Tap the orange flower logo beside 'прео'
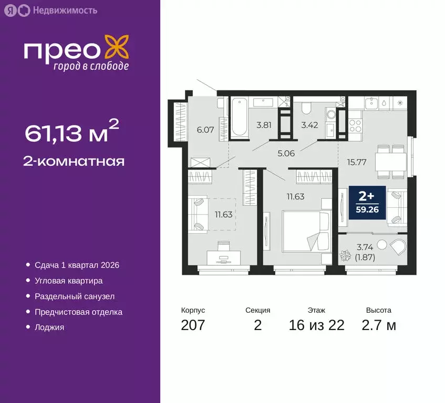[117, 47]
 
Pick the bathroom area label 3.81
[263, 125]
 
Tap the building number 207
[193, 325]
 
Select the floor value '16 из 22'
[316, 325]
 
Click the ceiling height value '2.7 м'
[378, 325]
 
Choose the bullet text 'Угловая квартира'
[68, 281]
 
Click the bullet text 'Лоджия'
[49, 327]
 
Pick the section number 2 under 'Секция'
[257, 325]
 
